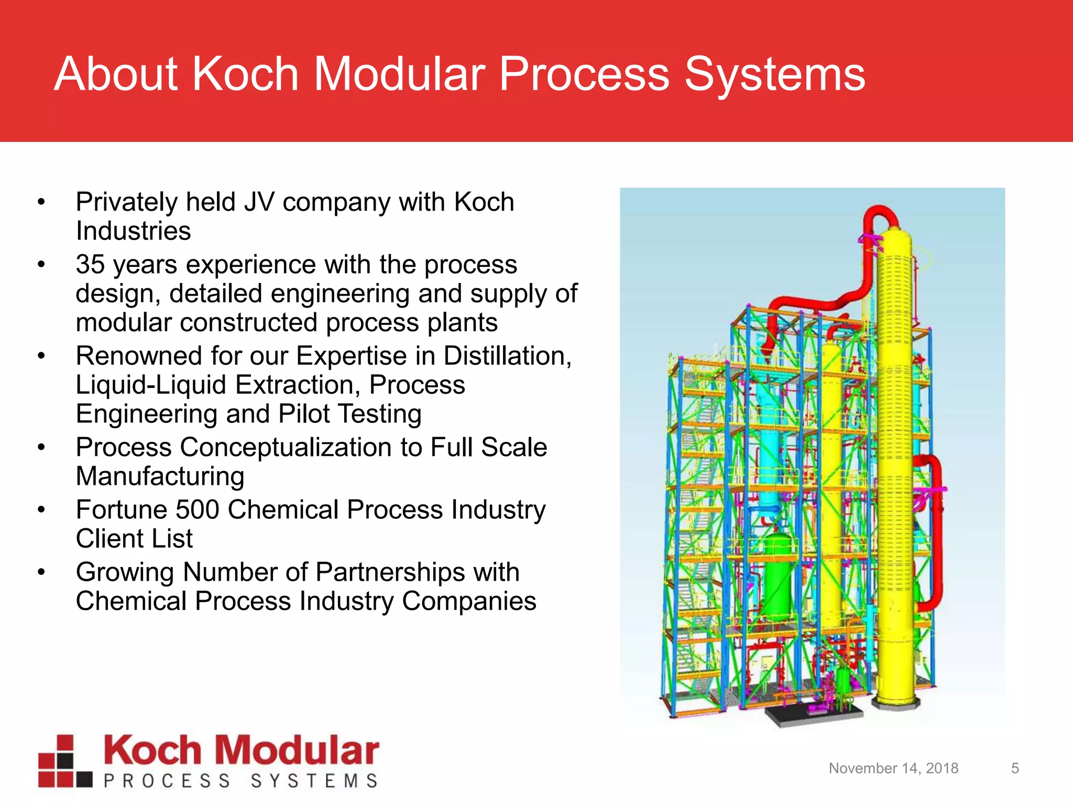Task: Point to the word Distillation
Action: coord(507,356)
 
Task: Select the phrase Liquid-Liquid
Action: coord(150,385)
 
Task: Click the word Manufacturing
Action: coord(160,476)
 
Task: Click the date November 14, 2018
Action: coord(893,768)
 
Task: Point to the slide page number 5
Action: coord(1015,768)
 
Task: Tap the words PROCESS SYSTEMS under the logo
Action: coord(240,781)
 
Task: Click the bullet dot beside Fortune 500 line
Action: coord(41,510)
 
